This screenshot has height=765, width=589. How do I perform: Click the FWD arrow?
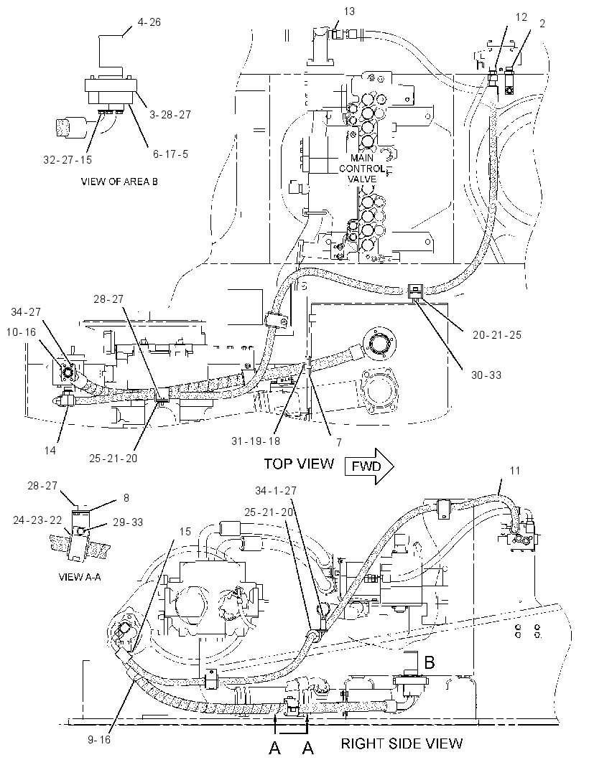coord(369,466)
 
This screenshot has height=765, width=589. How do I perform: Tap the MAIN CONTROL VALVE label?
coord(362,169)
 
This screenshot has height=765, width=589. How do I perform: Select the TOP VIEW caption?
coord(299,464)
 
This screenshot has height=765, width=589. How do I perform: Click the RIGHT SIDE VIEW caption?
coord(402,743)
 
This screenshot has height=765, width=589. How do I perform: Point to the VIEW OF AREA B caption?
coord(119,182)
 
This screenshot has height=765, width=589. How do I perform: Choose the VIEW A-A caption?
coord(80,577)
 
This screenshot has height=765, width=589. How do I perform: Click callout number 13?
coord(349,11)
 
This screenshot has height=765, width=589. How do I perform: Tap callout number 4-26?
coord(149,22)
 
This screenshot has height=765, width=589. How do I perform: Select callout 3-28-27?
coord(170,114)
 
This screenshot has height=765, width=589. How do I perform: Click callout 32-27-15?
coord(68,160)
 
